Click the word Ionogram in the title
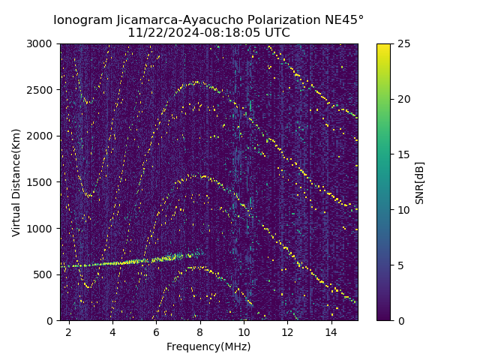pos(82,19)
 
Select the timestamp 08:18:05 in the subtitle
pos(222,33)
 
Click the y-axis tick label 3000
pos(41,43)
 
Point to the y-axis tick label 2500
pos(41,90)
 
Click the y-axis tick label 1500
pos(41,182)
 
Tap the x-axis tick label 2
pos(69,331)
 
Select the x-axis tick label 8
pos(200,331)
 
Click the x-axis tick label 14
pos(331,331)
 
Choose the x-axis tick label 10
pos(244,331)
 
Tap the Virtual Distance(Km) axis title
pos(16,182)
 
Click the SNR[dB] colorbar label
pos(420,182)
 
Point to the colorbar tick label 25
pos(402,43)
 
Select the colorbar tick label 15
pos(402,154)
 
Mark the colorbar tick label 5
pos(399,265)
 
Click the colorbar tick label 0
pos(399,320)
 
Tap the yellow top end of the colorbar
pos(383,46)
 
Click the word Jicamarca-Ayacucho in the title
pos(184,19)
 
